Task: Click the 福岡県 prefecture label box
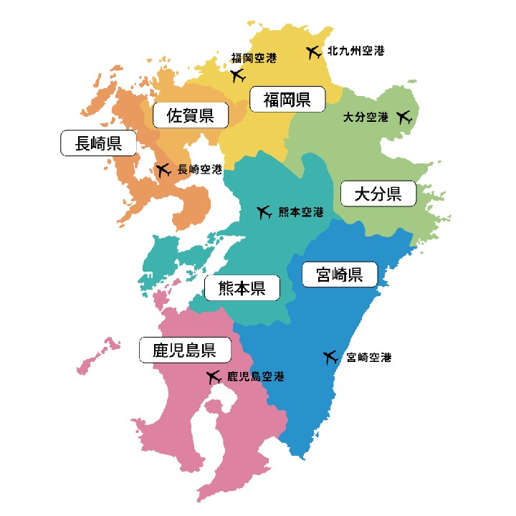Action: coord(287,99)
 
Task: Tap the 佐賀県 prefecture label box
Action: coord(191,115)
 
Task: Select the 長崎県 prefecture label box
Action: coord(98,143)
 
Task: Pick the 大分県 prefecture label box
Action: coord(378,193)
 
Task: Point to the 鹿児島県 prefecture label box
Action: coord(185,350)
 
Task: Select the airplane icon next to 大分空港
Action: coord(404,116)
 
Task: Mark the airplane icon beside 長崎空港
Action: coord(163,170)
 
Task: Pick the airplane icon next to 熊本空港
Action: coord(264,212)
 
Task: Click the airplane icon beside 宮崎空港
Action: coord(330,357)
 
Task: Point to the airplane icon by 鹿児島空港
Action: coord(213,376)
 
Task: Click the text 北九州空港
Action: coord(355,52)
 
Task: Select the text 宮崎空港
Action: coord(368,357)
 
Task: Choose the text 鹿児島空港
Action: coord(255,376)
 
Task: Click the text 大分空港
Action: coord(365,116)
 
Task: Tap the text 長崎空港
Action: coord(200,170)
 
